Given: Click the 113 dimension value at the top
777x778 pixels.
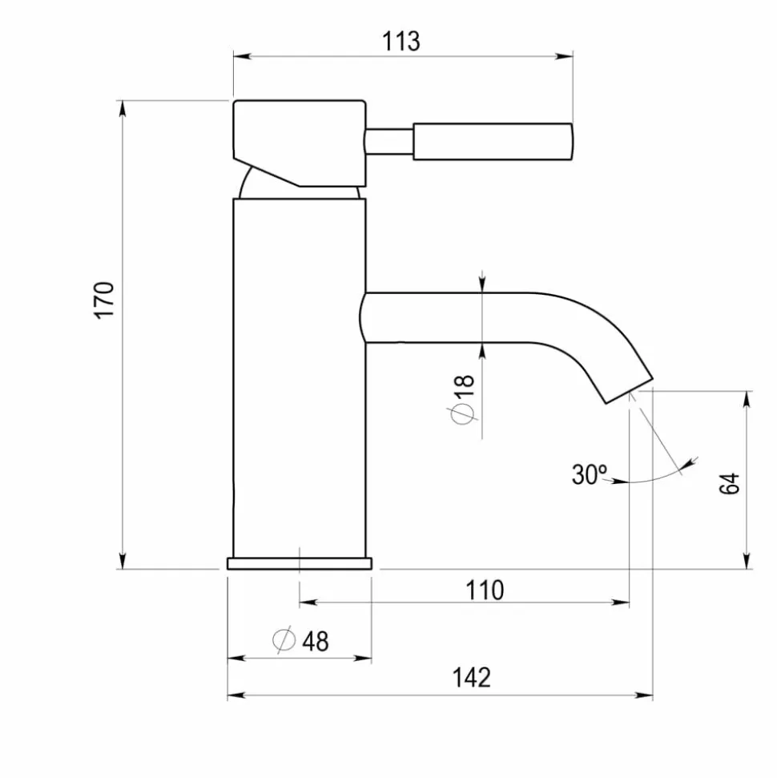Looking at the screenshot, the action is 401,41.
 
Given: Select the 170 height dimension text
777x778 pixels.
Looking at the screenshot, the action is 105,300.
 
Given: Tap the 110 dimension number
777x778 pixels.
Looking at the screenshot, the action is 485,591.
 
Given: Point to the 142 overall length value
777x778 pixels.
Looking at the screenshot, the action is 471,678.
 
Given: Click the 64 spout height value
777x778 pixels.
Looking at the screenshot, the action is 730,483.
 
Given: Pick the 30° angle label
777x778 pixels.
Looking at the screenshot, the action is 589,474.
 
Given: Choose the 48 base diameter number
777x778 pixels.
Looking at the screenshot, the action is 316,641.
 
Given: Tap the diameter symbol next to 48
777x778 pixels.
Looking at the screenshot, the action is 284,639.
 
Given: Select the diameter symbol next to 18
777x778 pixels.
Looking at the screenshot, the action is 463,413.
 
